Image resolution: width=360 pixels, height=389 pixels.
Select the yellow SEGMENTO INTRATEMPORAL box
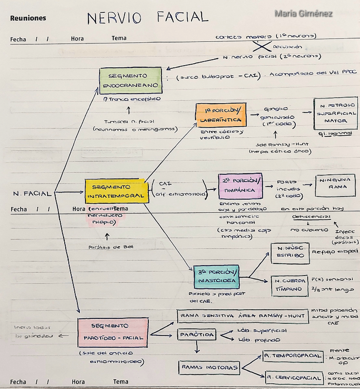pos(117,191)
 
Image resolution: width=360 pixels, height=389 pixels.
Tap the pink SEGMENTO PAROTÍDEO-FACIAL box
pos(112,332)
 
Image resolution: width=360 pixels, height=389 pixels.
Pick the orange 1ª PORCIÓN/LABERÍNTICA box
pos(220,115)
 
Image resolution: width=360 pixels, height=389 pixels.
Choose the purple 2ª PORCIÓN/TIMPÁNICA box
pos(240,186)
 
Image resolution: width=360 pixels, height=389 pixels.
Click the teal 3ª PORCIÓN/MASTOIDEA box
pos(216,277)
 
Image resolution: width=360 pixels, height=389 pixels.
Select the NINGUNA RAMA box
pos(335,185)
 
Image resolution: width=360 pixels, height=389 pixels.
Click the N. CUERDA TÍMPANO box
pos(289,285)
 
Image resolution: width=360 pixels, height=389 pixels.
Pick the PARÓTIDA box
pos(197,335)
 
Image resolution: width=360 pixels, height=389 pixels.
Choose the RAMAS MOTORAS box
pos(209,367)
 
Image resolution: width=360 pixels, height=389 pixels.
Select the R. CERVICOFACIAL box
pos(294,378)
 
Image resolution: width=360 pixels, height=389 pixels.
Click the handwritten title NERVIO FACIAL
pos(147,18)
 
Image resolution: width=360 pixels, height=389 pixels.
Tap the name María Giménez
pos(304,14)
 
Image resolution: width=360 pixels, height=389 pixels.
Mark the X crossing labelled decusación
pos(262,47)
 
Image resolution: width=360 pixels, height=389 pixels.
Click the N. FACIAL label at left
pos(32,194)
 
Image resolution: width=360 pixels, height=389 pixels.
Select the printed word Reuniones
pos(28,18)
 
